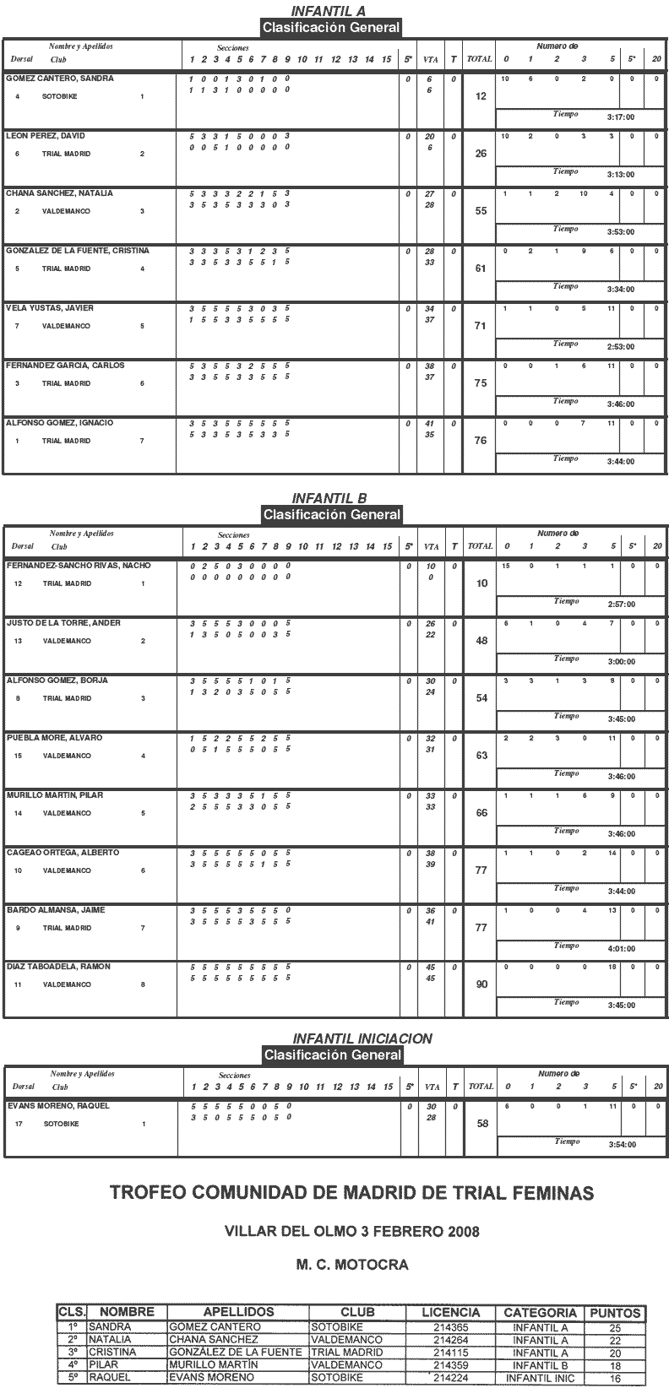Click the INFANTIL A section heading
coord(330,11)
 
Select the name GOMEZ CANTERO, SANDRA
coord(59,79)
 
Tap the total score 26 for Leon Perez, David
coord(481,154)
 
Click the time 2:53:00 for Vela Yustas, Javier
coord(620,347)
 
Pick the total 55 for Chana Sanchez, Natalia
coord(481,211)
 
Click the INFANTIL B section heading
coord(330,498)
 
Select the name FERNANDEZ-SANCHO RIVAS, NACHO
coord(79,566)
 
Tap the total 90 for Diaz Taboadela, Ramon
coord(481,984)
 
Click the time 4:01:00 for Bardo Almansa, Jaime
coord(621,949)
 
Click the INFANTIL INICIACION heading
coord(362,1038)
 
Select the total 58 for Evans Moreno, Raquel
coord(481,1124)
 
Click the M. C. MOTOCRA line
coord(352,1265)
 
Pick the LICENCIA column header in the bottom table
coord(450,1313)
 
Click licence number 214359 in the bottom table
coord(450,1364)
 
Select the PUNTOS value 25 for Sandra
coord(615,1327)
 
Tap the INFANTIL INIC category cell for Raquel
coord(540,1377)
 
